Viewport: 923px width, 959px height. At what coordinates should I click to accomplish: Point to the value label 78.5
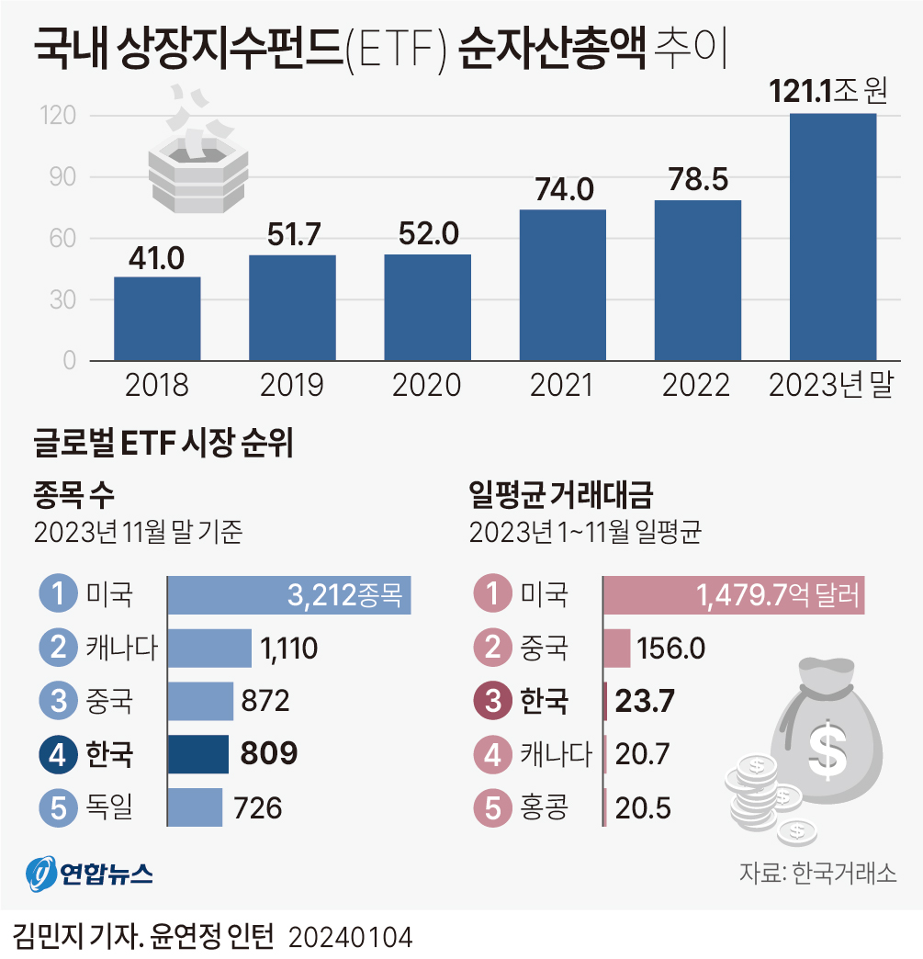point(697,181)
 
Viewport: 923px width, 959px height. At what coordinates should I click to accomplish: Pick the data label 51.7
point(291,235)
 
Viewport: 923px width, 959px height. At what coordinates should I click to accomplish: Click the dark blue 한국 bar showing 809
point(197,754)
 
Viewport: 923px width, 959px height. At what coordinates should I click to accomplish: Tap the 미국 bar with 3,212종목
point(288,596)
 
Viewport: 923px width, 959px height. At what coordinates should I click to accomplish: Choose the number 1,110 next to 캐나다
point(289,649)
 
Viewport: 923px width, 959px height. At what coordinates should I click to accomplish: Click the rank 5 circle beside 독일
point(58,807)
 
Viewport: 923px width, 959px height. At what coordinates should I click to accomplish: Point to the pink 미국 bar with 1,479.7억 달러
point(733,596)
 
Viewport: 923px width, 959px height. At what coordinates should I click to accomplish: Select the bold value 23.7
point(645,702)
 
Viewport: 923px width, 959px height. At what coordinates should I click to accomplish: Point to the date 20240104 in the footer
point(351,937)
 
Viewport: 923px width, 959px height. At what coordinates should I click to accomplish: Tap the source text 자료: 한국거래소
point(817,873)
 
